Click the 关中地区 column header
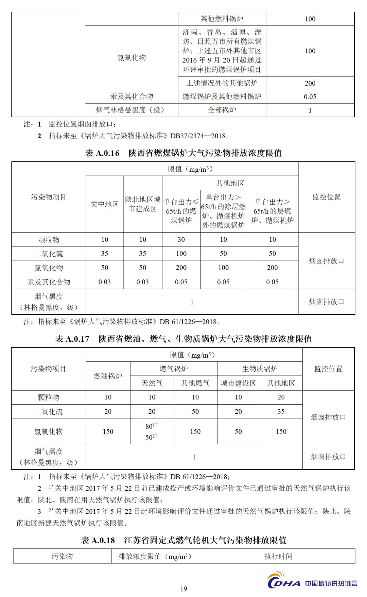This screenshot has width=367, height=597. coord(105,204)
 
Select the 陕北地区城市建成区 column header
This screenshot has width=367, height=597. coord(143,204)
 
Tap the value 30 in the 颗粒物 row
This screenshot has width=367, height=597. coord(181,239)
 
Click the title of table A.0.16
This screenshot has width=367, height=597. coord(183,153)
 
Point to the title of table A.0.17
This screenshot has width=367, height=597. coord(183,339)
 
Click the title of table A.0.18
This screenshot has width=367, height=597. coord(183,540)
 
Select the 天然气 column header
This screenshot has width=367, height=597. coord(152,383)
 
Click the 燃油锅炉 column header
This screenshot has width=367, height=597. coord(108,376)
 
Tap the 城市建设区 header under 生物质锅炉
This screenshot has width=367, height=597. coord(238,383)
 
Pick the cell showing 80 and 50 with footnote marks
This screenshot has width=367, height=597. coord(152,431)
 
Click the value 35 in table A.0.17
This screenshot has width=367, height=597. coord(281,411)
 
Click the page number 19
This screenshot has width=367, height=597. coord(183,589)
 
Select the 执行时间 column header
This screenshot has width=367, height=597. coord(278,556)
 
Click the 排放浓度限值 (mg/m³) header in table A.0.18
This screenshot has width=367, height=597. coord(156,556)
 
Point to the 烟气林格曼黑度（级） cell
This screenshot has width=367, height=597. coord(132,110)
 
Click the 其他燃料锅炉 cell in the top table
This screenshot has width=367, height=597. coord(222,19)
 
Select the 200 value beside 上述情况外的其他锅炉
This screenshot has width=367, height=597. coord(310,83)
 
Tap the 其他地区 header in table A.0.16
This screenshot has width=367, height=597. coord(230,183)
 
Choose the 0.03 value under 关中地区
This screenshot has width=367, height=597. coord(105,282)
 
